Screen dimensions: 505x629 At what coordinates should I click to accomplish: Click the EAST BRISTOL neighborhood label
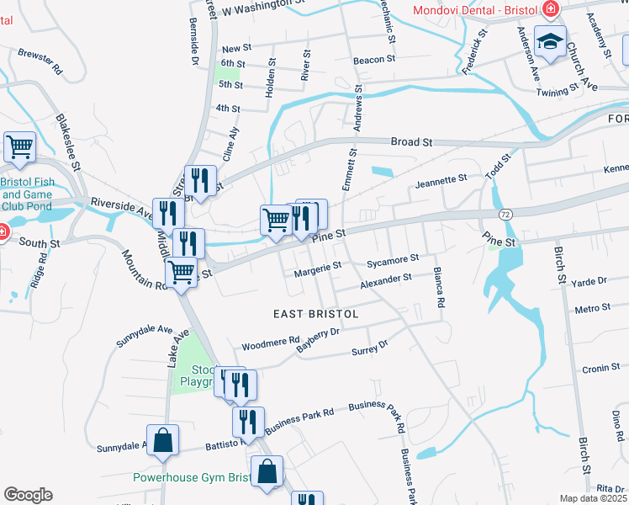(316, 313)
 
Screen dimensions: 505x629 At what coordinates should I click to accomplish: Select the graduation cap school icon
(550, 42)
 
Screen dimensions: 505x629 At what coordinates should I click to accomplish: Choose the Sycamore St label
(393, 261)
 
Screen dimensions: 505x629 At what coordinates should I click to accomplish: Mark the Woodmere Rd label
(270, 344)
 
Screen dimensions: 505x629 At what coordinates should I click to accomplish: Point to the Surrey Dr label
(370, 345)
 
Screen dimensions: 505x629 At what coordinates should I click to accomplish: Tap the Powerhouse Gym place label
(192, 477)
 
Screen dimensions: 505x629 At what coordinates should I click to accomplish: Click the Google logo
(28, 495)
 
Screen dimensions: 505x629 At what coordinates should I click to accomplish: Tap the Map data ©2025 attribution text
(593, 498)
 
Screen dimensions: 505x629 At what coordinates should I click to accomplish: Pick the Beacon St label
(374, 60)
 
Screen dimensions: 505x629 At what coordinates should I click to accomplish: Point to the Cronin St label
(600, 367)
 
